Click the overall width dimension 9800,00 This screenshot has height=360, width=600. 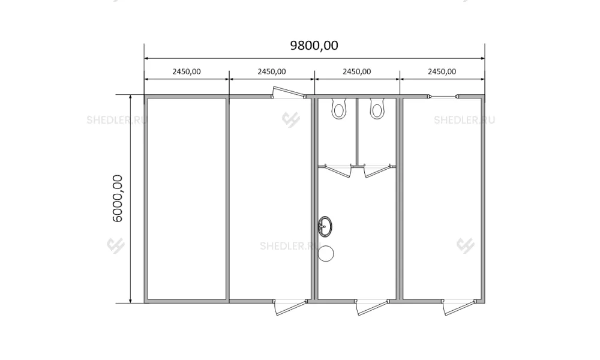pyautogui.click(x=314, y=46)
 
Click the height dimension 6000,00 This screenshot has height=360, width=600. pyautogui.click(x=118, y=198)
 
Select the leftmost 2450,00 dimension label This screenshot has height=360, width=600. pyautogui.click(x=187, y=71)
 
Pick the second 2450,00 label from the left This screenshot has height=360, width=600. pyautogui.click(x=272, y=71)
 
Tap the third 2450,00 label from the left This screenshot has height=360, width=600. pyautogui.click(x=356, y=71)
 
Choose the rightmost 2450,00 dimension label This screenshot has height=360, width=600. pyautogui.click(x=442, y=71)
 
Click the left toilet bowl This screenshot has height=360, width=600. pyautogui.click(x=338, y=109)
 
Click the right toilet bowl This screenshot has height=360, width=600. pyautogui.click(x=377, y=109)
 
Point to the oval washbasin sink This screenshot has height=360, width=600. pyautogui.click(x=325, y=226)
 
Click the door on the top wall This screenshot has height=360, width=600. pyautogui.click(x=289, y=92)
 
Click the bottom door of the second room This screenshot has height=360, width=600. pyautogui.click(x=291, y=307)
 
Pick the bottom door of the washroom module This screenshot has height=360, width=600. pyautogui.click(x=372, y=307)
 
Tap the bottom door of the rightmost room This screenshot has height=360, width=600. pyautogui.click(x=459, y=307)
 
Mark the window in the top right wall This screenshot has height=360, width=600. pyautogui.click(x=443, y=97)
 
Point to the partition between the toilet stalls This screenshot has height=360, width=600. pyautogui.click(x=357, y=131)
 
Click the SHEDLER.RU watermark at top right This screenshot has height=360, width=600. pyautogui.click(x=464, y=120)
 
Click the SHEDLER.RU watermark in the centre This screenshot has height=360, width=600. pyautogui.click(x=290, y=245)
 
